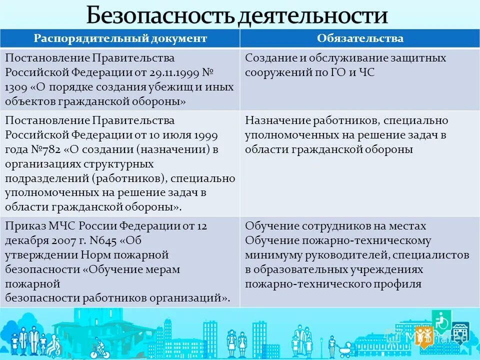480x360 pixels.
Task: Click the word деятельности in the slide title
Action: (312, 15)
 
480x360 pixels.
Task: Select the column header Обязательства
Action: (360, 38)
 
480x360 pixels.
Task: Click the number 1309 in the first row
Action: (16, 86)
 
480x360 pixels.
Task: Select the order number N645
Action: (102, 240)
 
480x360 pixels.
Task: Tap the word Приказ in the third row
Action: (22, 225)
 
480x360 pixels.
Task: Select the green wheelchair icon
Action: (440, 318)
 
